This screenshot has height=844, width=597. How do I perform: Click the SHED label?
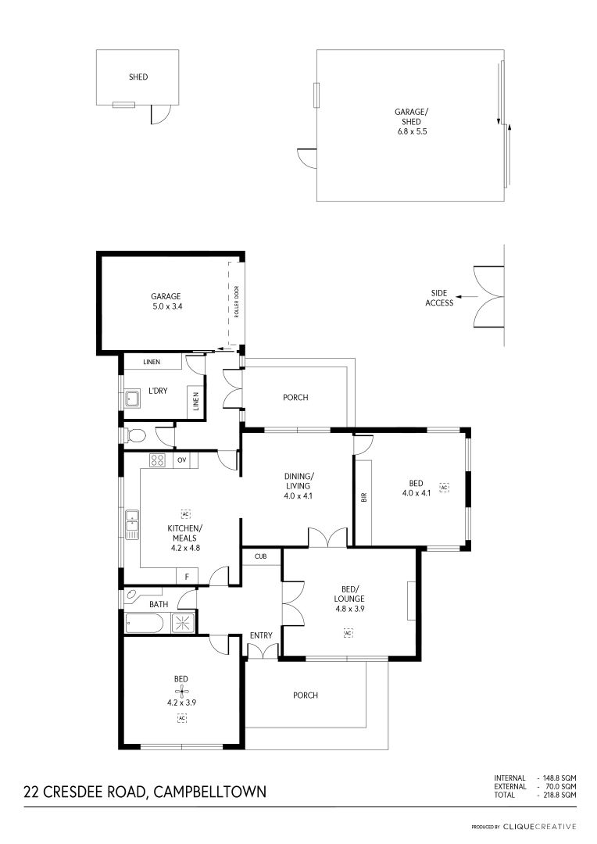pyautogui.click(x=138, y=77)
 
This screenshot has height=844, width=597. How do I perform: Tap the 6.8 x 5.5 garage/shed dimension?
pyautogui.click(x=412, y=131)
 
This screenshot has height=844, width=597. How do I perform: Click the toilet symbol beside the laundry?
pyautogui.click(x=135, y=435)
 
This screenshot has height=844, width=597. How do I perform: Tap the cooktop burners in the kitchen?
pyautogui.click(x=158, y=460)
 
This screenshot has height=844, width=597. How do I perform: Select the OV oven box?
pyautogui.click(x=182, y=460)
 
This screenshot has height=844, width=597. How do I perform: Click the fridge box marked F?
pyautogui.click(x=187, y=577)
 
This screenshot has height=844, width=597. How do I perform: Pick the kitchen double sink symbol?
pyautogui.click(x=132, y=524)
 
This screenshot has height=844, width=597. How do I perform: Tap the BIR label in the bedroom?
pyautogui.click(x=364, y=496)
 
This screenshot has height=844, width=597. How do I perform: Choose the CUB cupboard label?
pyautogui.click(x=260, y=556)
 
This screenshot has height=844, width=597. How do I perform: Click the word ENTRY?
pyautogui.click(x=261, y=635)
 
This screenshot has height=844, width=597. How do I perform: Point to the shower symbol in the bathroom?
pyautogui.click(x=184, y=622)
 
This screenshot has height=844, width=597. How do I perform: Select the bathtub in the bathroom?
pyautogui.click(x=144, y=624)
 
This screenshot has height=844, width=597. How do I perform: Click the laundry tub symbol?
pyautogui.click(x=132, y=399)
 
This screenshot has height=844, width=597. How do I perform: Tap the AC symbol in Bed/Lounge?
pyautogui.click(x=348, y=633)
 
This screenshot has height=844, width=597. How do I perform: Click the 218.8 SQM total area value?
pyautogui.click(x=556, y=795)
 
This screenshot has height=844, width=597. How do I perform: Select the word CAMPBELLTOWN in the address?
pyautogui.click(x=210, y=792)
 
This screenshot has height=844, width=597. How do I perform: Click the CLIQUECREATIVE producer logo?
pyautogui.click(x=539, y=826)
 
